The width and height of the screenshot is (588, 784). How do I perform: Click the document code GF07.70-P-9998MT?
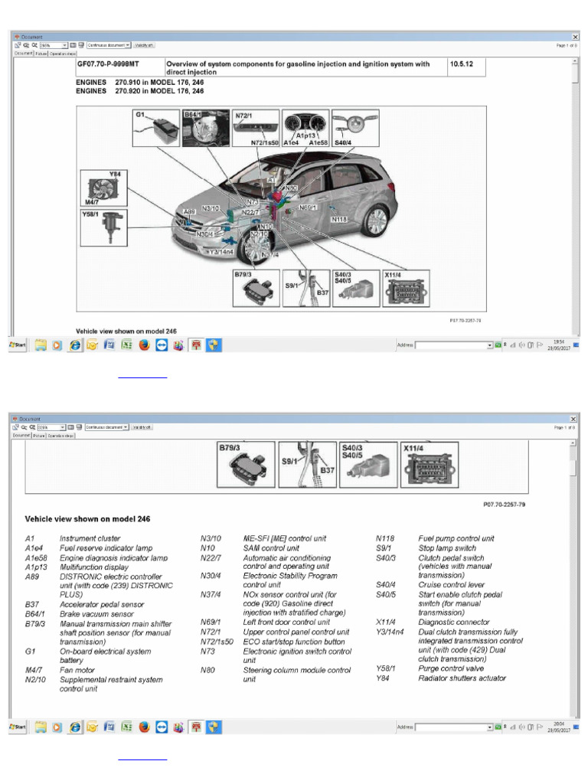pyautogui.click(x=113, y=64)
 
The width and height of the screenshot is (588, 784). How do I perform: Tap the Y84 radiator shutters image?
pyautogui.click(x=104, y=188)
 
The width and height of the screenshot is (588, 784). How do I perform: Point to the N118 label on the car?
pyautogui.click(x=340, y=220)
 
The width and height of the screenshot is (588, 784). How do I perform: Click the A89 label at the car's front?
pyautogui.click(x=190, y=212)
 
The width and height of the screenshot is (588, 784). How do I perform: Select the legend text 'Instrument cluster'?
pyautogui.click(x=91, y=538)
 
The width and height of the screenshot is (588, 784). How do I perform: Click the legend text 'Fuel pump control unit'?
pyautogui.click(x=456, y=538)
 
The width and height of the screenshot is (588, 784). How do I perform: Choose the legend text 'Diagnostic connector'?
pyautogui.click(x=454, y=622)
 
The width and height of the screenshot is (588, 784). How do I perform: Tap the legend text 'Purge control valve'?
pyautogui.click(x=451, y=668)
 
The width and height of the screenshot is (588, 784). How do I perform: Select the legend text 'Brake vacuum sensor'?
pyautogui.click(x=96, y=614)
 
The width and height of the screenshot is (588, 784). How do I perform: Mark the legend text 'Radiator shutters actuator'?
pyautogui.click(x=462, y=678)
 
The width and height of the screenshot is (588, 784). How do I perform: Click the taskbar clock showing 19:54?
pyautogui.click(x=559, y=343)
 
